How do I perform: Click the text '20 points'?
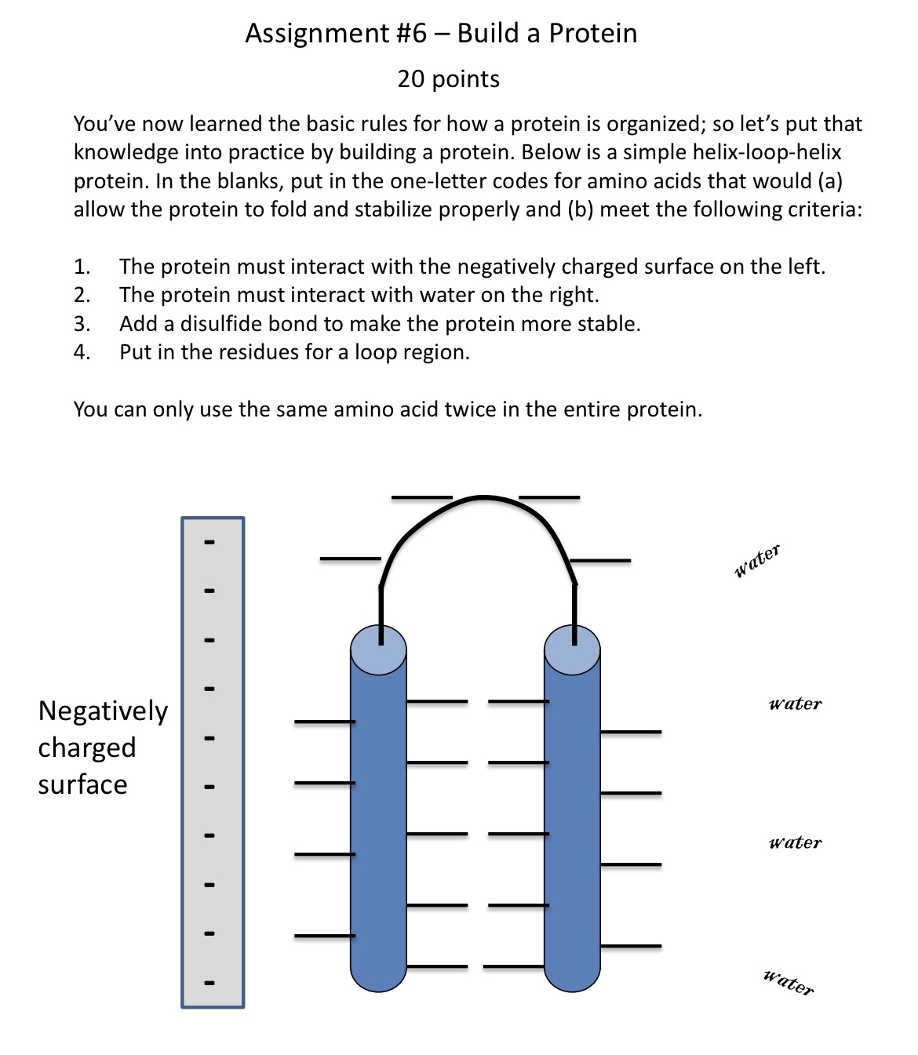pos(448,79)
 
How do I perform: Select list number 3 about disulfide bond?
pos(82,324)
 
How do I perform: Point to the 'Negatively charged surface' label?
pos(102,747)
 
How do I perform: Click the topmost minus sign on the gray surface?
pos(209,542)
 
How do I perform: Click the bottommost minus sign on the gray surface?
pos(209,982)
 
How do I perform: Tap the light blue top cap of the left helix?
pos(378,649)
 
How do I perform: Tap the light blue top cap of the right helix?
pos(572,649)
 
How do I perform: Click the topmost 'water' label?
pos(757,560)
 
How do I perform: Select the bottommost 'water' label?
pos(789,982)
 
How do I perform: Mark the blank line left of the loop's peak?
pos(422,497)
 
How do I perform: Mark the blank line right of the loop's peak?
pos(549,497)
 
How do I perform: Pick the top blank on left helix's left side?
pos(324,721)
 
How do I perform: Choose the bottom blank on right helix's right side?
pos(631,946)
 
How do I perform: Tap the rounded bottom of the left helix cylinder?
pos(378,980)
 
